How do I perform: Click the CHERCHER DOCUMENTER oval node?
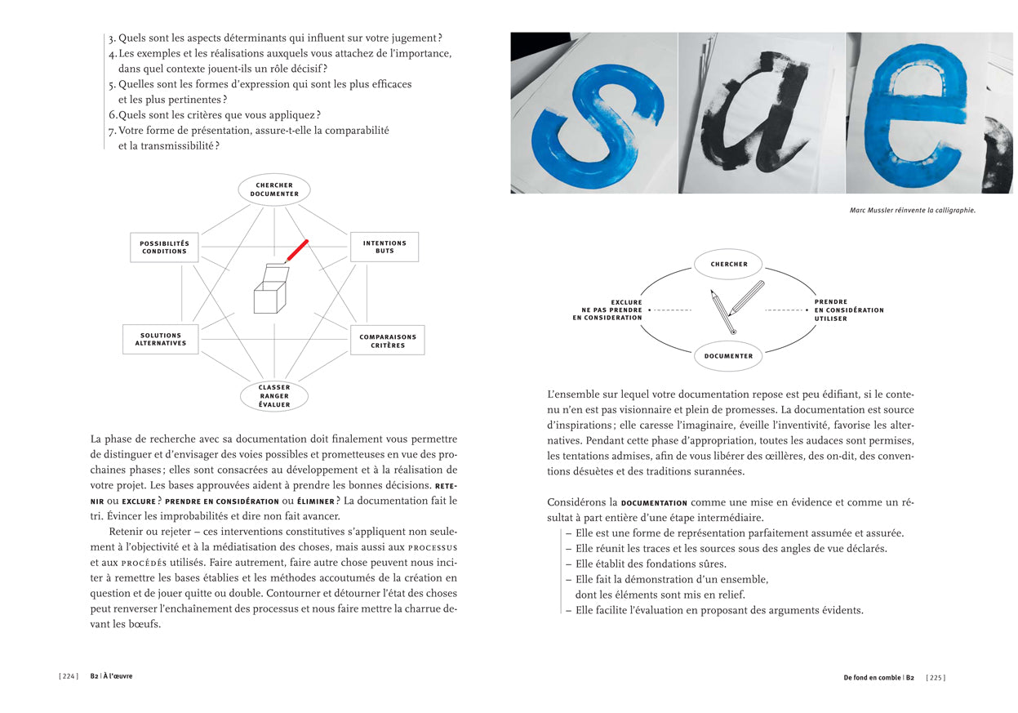click(274, 189)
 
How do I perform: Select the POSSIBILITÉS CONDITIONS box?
click(164, 247)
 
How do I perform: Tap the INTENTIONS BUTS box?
click(385, 247)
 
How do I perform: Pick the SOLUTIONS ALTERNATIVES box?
click(162, 340)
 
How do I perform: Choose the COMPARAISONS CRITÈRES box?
click(388, 341)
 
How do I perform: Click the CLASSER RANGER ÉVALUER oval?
click(274, 396)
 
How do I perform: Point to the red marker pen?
click(296, 251)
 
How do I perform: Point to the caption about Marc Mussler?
click(913, 210)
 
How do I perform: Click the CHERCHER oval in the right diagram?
click(729, 264)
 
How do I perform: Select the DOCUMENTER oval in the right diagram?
click(729, 356)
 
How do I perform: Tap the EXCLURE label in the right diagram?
click(626, 302)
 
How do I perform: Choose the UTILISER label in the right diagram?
click(831, 319)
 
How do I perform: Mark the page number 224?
click(69, 677)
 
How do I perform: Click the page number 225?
click(936, 677)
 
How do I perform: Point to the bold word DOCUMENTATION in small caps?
click(654, 503)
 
